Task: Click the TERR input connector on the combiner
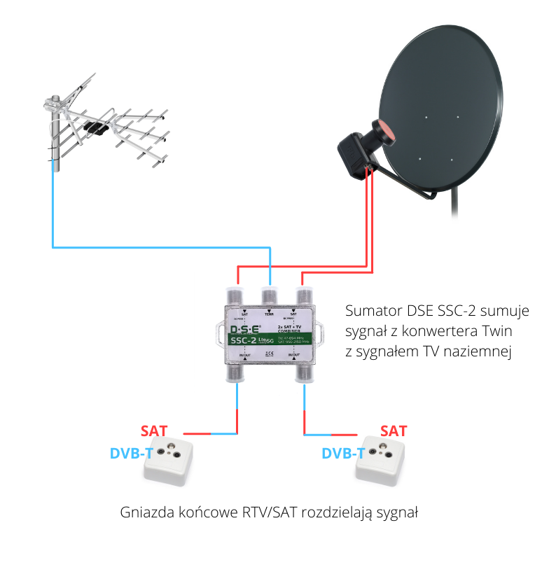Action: [x=268, y=295]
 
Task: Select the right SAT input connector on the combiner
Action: [x=303, y=295]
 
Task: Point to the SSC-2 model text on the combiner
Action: [x=248, y=341]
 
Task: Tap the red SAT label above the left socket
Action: [x=154, y=430]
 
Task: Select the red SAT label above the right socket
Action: [x=393, y=431]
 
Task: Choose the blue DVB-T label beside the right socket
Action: [x=343, y=453]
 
